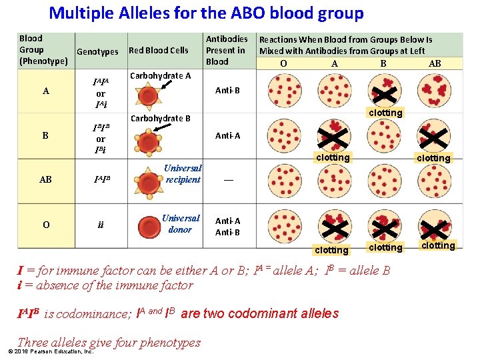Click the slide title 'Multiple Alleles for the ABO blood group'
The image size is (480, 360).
tap(207, 13)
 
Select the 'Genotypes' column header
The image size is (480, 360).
tap(97, 51)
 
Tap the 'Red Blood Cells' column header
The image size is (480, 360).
tap(158, 50)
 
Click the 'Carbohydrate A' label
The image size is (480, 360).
tap(160, 75)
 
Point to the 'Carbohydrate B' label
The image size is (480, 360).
tap(160, 119)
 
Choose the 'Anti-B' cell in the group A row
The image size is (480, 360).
tap(227, 90)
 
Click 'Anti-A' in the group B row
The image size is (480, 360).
tap(227, 135)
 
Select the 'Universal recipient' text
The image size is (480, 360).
tap(183, 174)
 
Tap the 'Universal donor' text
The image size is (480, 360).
tap(180, 224)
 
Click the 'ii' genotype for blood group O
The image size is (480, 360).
tap(101, 225)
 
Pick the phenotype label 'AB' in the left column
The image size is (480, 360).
tap(46, 180)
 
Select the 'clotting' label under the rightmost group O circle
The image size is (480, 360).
tap(438, 246)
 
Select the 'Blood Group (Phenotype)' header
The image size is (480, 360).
tap(44, 50)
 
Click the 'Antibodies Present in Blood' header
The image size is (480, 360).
tap(227, 50)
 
